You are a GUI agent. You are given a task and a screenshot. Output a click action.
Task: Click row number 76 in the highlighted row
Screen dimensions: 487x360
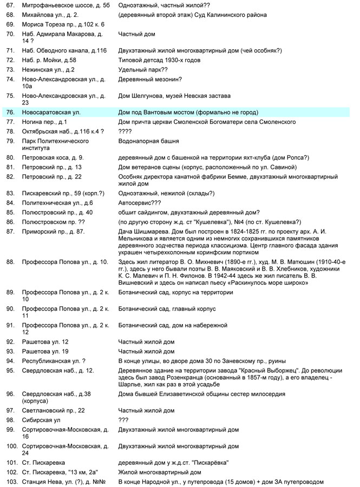pyautogui.click(x=9, y=112)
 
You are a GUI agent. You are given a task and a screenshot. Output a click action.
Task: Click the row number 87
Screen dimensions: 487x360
pyautogui.click(x=9, y=232)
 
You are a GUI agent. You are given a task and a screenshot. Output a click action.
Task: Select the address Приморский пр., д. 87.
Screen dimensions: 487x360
pyautogui.click(x=53, y=232)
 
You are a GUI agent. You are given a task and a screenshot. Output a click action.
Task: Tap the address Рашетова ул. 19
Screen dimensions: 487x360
pyautogui.click(x=45, y=351)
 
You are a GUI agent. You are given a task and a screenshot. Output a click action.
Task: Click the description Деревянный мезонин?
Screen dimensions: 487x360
pyautogui.click(x=150, y=79)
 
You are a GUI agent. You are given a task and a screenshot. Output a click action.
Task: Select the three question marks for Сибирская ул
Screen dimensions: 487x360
pyautogui.click(x=123, y=420)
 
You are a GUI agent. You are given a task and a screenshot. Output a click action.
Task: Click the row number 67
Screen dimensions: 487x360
pyautogui.click(x=9, y=4)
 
